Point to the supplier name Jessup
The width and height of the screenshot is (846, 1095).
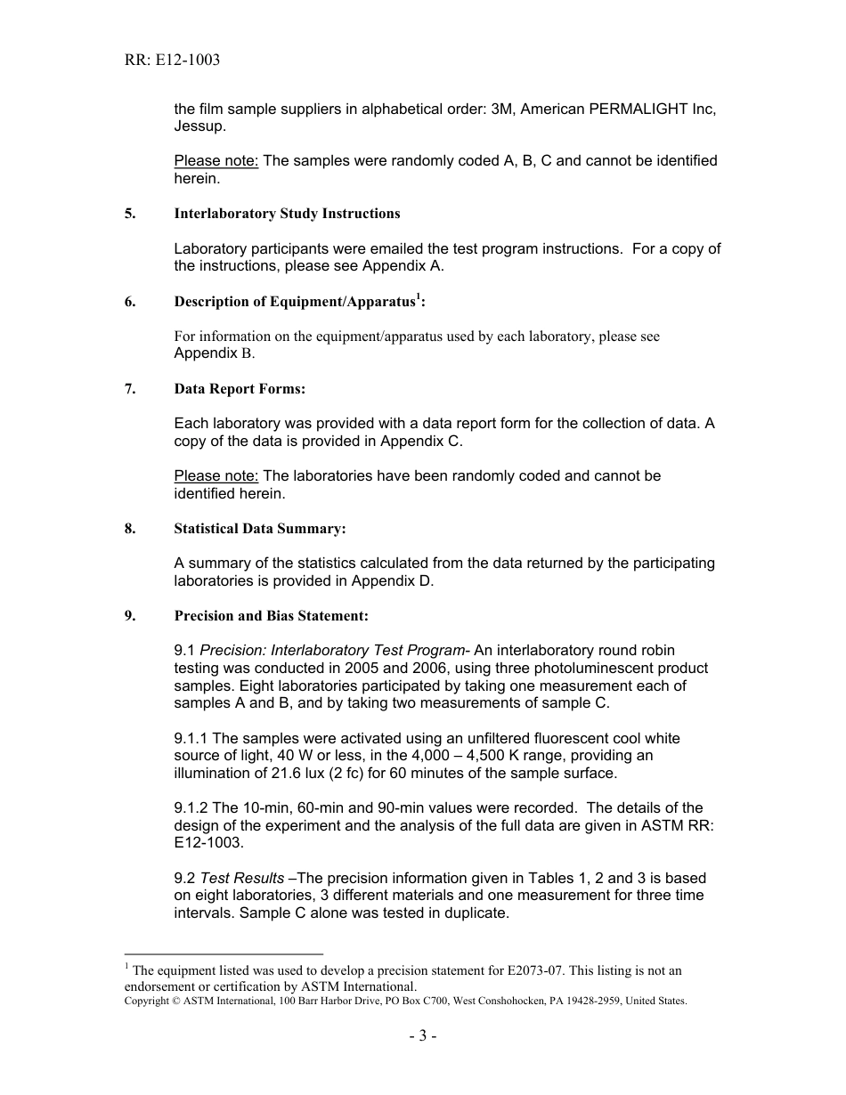click(x=199, y=126)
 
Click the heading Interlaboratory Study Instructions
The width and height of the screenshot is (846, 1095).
click(x=287, y=214)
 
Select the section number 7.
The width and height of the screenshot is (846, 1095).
click(x=130, y=389)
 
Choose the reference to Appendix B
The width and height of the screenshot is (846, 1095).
click(x=214, y=353)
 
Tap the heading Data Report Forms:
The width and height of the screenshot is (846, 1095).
click(x=240, y=389)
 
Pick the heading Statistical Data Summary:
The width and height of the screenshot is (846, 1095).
click(x=260, y=529)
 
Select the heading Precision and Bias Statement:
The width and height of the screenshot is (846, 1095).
click(x=271, y=616)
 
